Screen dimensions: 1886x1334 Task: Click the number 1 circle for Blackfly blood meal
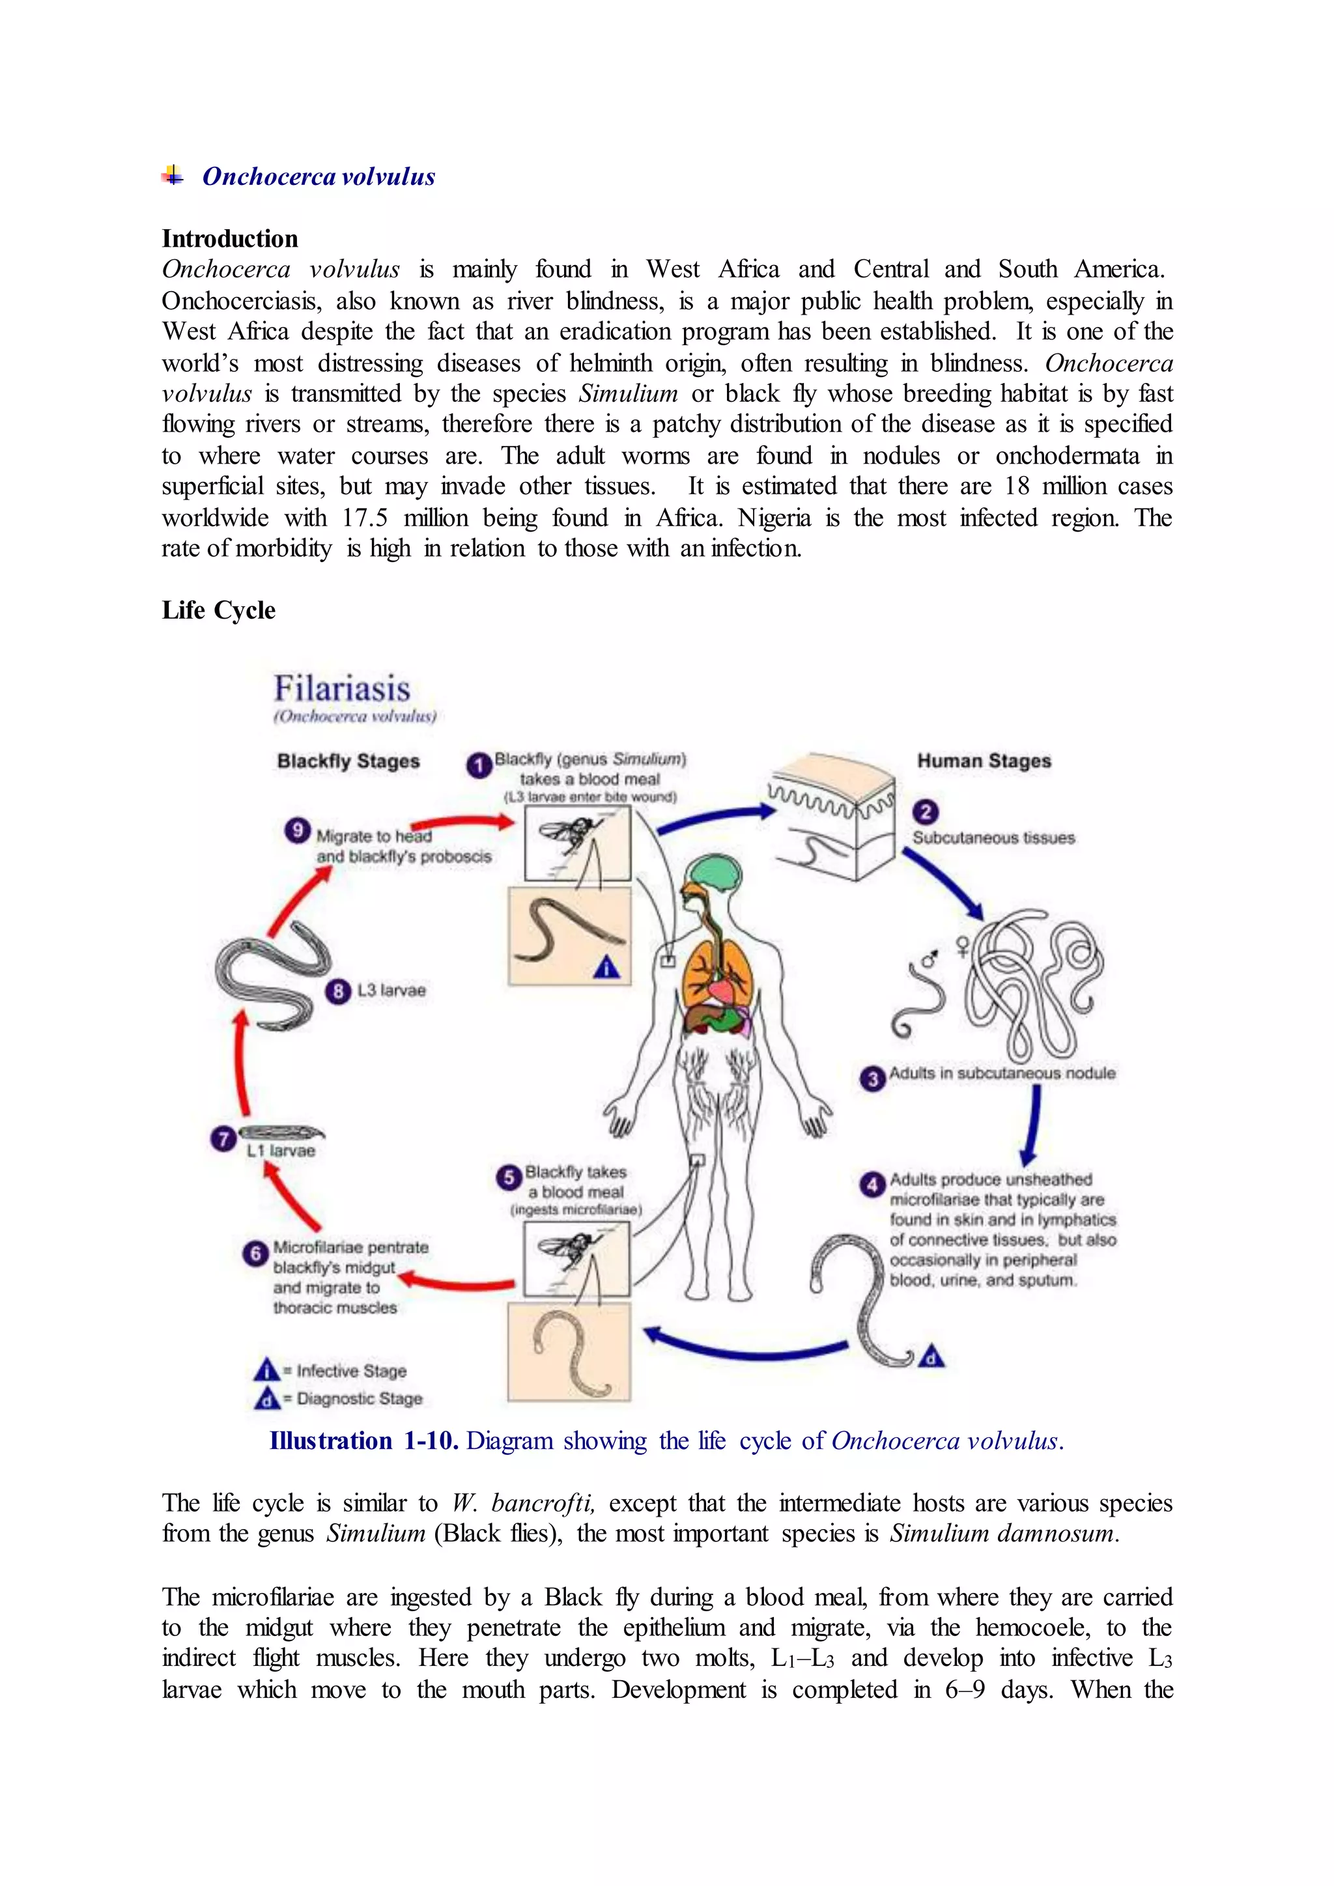(x=479, y=766)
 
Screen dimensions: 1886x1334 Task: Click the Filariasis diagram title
(x=342, y=688)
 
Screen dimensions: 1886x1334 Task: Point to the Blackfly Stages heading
(x=348, y=761)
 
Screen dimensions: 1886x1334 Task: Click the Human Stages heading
(x=984, y=761)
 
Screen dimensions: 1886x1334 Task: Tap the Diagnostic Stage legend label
(x=359, y=1398)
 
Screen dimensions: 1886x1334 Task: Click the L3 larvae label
(x=391, y=991)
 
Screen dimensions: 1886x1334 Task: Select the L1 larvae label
(x=281, y=1151)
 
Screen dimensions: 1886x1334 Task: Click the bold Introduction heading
(x=230, y=239)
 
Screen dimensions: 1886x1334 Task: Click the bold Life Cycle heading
(x=218, y=610)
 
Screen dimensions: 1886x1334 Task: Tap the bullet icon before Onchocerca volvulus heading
(x=173, y=175)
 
